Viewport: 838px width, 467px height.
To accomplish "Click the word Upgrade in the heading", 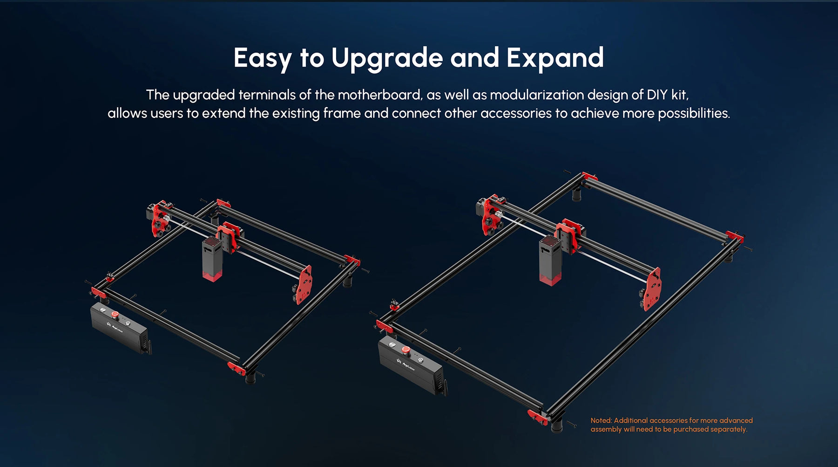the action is [x=387, y=59].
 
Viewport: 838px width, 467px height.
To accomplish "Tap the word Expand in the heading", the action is [x=555, y=58].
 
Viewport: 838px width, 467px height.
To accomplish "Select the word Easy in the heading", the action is [x=263, y=59].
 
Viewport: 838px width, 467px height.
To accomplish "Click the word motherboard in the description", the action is [x=379, y=95].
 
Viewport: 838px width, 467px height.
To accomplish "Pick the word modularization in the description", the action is [x=537, y=95].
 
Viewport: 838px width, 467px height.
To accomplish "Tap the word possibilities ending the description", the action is [x=694, y=114].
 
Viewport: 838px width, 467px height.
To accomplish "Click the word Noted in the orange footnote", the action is [x=601, y=420].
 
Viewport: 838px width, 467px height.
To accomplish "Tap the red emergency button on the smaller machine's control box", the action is [x=115, y=316].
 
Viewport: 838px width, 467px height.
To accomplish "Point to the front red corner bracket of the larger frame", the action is [x=538, y=417].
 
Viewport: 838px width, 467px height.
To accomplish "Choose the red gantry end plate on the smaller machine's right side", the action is [x=304, y=284].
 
